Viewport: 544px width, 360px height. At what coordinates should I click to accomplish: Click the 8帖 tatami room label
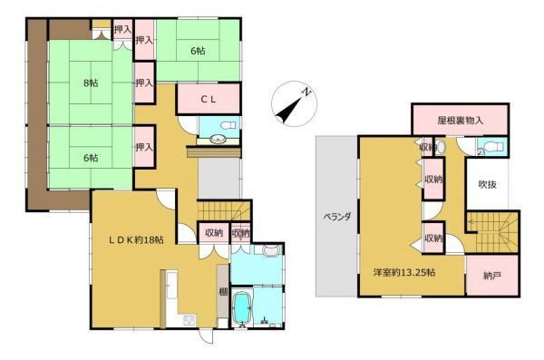[91, 83]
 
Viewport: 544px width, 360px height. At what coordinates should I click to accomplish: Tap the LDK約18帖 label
[137, 239]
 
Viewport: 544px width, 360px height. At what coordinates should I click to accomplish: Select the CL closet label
[209, 99]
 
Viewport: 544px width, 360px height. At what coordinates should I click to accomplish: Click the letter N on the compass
[306, 92]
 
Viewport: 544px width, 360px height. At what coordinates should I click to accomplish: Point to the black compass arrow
[288, 109]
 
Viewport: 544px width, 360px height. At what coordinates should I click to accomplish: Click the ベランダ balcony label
[336, 217]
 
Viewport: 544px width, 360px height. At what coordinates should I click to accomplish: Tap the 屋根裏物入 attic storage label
[460, 121]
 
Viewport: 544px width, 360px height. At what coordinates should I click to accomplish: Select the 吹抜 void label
[488, 184]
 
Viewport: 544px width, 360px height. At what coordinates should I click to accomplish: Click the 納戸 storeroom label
[492, 276]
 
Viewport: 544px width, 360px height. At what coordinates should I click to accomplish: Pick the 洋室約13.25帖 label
[404, 273]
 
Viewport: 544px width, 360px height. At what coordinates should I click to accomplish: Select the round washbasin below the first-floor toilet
[218, 139]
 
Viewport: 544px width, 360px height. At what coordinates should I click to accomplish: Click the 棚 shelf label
[223, 292]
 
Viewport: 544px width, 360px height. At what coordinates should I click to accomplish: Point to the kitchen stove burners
[189, 320]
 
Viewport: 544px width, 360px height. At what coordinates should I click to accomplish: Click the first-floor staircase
[224, 210]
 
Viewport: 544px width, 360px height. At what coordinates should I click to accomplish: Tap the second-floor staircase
[492, 232]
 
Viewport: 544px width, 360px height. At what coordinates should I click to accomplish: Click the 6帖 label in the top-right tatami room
[198, 51]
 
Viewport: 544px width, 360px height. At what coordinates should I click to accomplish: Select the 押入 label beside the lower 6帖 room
[144, 147]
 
